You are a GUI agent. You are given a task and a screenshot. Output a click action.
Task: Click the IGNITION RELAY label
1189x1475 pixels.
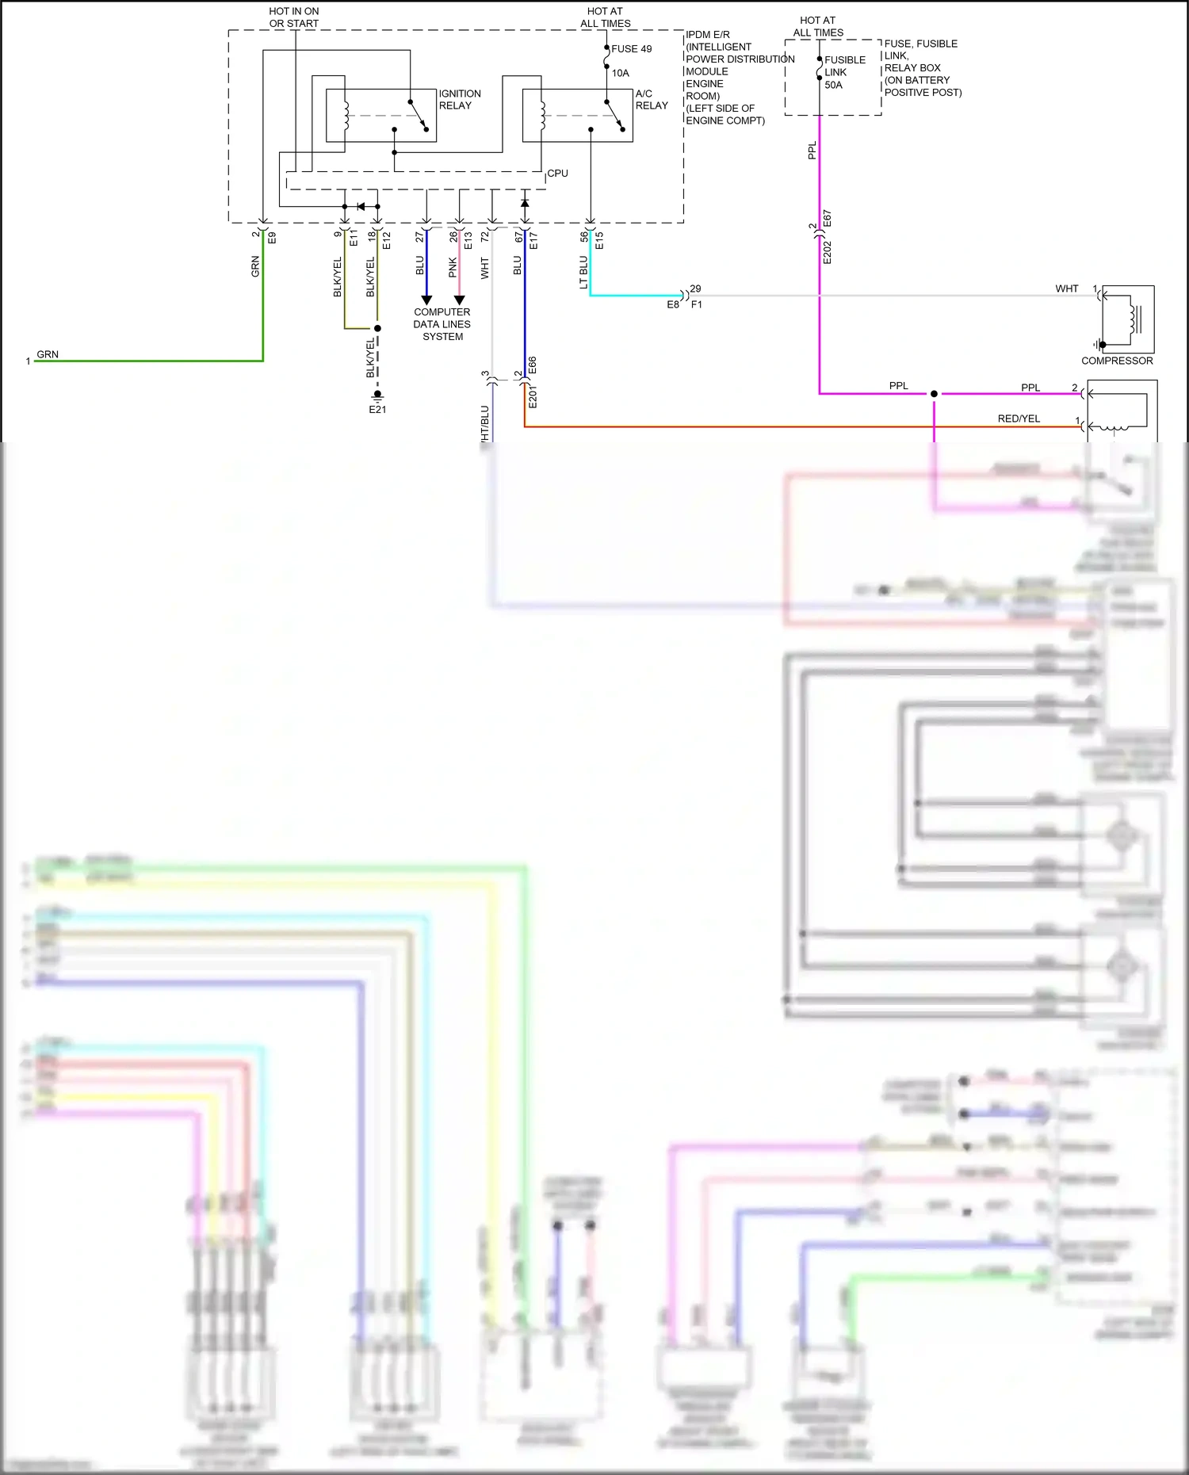click(x=459, y=99)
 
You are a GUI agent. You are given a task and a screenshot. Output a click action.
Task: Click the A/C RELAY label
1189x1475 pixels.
click(x=651, y=99)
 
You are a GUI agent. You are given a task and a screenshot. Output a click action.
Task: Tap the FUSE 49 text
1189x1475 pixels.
click(x=631, y=49)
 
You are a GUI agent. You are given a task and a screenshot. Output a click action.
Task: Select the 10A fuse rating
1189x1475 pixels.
click(x=620, y=73)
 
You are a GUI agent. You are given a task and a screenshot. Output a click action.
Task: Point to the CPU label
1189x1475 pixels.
click(x=557, y=173)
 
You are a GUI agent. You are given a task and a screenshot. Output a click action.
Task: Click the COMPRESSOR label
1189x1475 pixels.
click(x=1117, y=361)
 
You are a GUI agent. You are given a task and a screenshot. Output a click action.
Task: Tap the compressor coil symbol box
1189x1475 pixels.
click(x=1127, y=319)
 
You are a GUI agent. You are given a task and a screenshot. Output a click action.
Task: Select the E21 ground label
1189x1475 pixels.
click(x=377, y=410)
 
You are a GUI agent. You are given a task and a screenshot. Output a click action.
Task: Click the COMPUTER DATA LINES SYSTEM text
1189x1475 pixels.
click(x=442, y=324)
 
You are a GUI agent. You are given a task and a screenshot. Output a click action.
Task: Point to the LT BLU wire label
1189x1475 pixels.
click(x=584, y=272)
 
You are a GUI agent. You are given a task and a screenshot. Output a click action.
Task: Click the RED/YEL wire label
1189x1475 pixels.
click(x=1019, y=418)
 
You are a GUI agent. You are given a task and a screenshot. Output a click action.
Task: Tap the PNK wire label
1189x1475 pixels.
click(x=453, y=267)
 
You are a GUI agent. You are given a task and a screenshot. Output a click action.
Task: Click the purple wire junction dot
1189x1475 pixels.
click(x=934, y=393)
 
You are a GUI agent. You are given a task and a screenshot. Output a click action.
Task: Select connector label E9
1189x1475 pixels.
click(x=272, y=236)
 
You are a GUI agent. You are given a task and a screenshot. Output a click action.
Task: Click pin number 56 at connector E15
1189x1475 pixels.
click(x=584, y=235)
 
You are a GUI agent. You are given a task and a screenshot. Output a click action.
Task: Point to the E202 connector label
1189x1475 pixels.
click(x=827, y=252)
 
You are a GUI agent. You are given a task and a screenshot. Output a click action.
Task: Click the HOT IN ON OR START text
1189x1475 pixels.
click(x=294, y=17)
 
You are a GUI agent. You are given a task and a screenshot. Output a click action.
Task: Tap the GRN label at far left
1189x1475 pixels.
click(x=48, y=354)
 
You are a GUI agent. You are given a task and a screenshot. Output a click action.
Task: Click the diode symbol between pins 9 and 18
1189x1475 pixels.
click(x=361, y=207)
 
